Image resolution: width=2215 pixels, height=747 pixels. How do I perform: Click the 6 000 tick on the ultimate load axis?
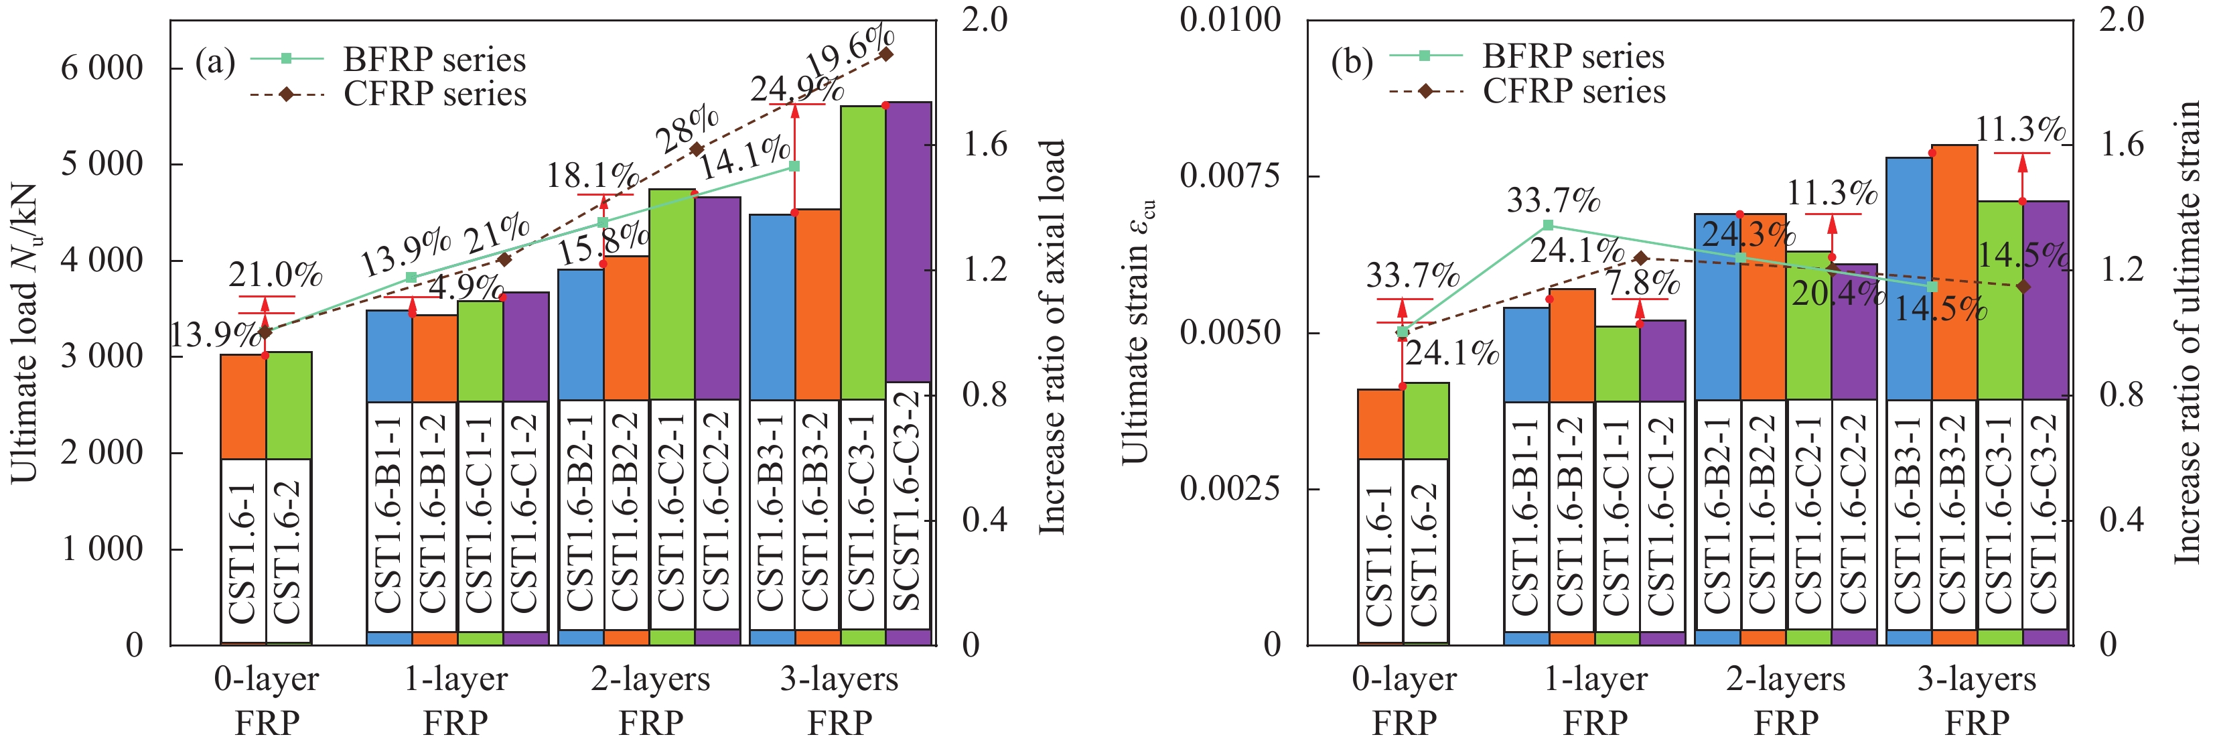101,68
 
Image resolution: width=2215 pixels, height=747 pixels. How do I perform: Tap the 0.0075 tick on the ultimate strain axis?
1230,176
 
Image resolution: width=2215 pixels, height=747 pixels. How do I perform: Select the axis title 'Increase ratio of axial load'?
1052,337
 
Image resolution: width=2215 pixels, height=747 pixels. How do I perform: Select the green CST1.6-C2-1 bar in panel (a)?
672,292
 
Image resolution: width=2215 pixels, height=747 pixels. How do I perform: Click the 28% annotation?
688,129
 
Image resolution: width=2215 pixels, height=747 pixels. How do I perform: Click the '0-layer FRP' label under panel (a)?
267,701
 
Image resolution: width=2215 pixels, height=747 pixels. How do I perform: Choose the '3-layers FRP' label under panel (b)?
1976,701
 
